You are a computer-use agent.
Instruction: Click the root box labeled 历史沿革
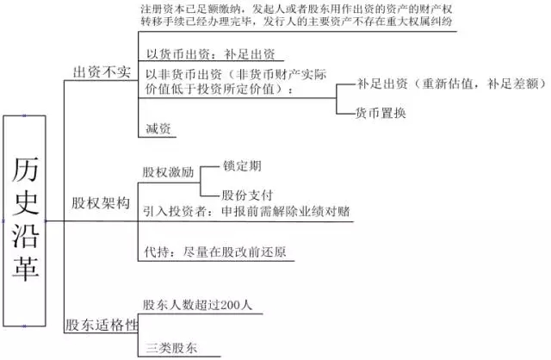[x=25, y=220]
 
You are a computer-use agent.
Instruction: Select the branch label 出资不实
[x=102, y=72]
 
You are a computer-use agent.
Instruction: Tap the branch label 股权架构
[x=101, y=203]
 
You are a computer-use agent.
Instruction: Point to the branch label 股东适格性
[x=102, y=325]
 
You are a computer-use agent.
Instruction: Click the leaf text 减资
[x=158, y=128]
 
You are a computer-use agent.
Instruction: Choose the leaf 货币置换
[x=381, y=113]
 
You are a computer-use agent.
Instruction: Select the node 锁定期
[x=242, y=165]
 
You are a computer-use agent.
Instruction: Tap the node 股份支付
[x=247, y=195]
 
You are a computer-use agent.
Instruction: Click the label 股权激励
[x=169, y=172]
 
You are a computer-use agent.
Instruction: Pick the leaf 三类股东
[x=171, y=348]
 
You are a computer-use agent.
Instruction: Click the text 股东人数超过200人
[x=197, y=305]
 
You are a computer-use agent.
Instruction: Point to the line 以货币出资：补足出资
[x=210, y=54]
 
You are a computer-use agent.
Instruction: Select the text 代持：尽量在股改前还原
[x=215, y=252]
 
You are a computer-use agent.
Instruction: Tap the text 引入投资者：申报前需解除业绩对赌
[x=246, y=211]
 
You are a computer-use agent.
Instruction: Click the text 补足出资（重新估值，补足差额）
[x=452, y=84]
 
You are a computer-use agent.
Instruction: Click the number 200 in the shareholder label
[x=231, y=305]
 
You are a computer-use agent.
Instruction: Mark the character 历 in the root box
[x=25, y=170]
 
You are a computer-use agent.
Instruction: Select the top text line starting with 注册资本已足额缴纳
[x=296, y=9]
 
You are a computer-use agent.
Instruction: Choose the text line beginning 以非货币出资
[x=236, y=75]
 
